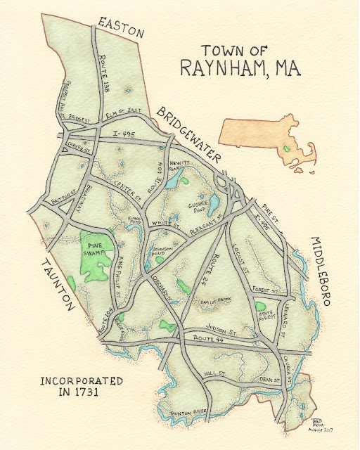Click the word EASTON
tap(121, 27)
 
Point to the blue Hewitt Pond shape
tap(172, 180)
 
